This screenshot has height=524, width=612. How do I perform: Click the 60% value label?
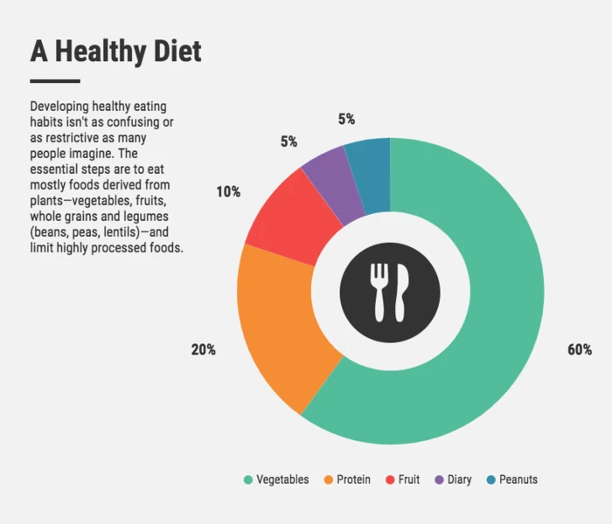pyautogui.click(x=580, y=349)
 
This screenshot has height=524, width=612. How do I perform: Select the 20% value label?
pyautogui.click(x=204, y=349)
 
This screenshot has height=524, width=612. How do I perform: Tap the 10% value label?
pyautogui.click(x=228, y=191)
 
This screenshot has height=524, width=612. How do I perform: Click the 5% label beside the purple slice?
pyautogui.click(x=289, y=141)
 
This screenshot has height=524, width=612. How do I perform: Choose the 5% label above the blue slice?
pyautogui.click(x=346, y=119)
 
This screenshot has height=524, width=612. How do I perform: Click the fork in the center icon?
pyautogui.click(x=379, y=289)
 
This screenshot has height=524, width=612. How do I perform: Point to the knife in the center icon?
pyautogui.click(x=402, y=289)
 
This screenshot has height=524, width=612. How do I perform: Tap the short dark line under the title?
pyautogui.click(x=55, y=81)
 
